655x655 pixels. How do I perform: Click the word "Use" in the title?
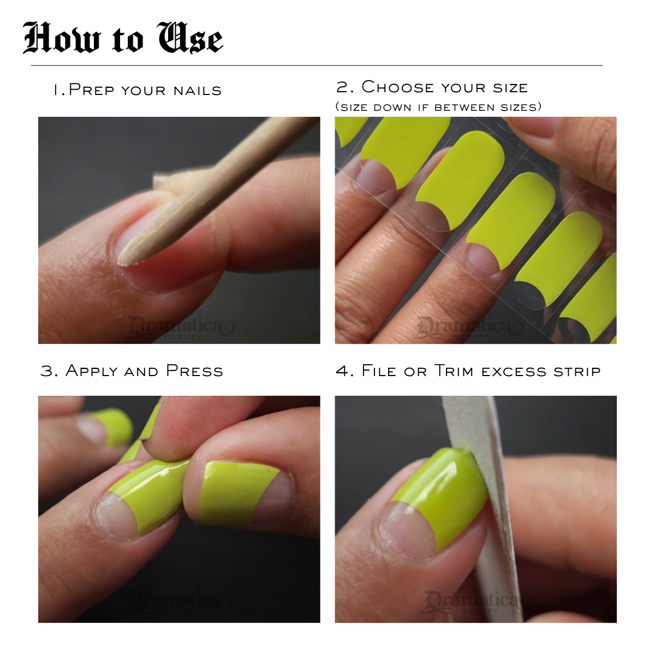(x=190, y=38)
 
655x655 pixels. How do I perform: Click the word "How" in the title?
(x=62, y=38)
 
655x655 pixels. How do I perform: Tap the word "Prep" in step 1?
(x=92, y=90)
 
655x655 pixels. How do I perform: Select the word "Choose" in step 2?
(x=398, y=87)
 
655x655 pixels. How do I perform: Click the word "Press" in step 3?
(x=195, y=371)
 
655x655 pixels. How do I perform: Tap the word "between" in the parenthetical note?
(x=465, y=107)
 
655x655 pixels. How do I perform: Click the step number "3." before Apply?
(x=49, y=371)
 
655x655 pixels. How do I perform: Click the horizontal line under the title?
(x=317, y=65)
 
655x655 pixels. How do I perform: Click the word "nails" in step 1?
(x=197, y=91)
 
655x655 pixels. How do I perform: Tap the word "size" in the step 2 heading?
(x=510, y=88)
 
